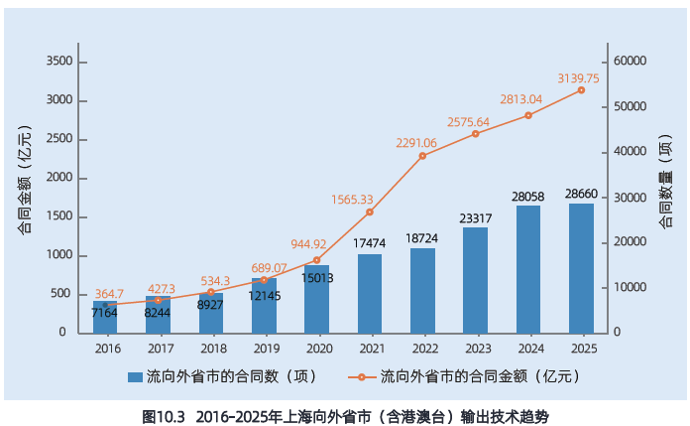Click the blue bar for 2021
[x=370, y=294]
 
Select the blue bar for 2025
[x=581, y=268]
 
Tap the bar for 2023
[x=475, y=280]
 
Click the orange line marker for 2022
[x=422, y=156]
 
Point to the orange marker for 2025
[x=581, y=90]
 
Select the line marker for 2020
[x=317, y=260]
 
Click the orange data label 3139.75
[x=578, y=78]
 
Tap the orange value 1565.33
[x=352, y=200]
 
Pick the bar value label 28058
[x=527, y=197]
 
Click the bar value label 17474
[x=369, y=243]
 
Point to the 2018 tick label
[x=213, y=349]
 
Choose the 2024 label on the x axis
[x=531, y=349]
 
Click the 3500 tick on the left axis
[x=59, y=61]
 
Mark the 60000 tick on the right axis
[x=631, y=61]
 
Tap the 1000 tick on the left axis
[x=59, y=255]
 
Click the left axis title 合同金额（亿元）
[x=25, y=179]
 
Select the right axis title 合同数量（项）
[x=666, y=181]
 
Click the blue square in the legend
[x=135, y=377]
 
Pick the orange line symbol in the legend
[x=361, y=377]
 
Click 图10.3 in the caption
[x=164, y=417]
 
